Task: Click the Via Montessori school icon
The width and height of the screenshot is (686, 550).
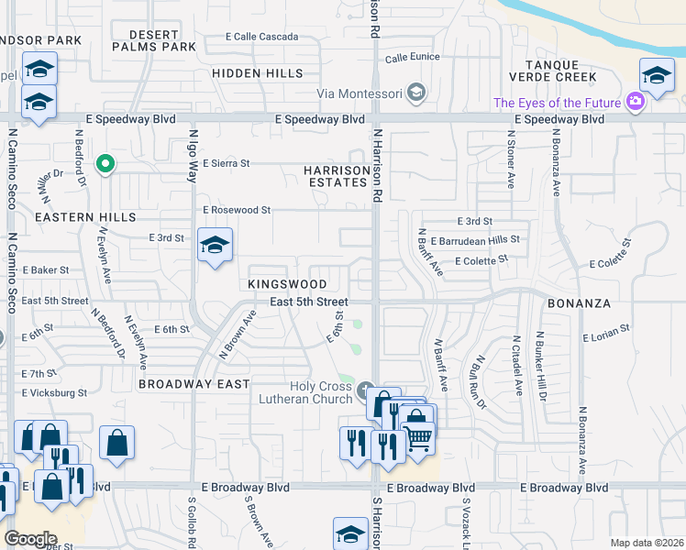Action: [417, 93]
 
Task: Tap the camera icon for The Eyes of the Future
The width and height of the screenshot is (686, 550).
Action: [635, 103]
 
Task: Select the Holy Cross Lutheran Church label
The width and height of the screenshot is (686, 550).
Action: [307, 393]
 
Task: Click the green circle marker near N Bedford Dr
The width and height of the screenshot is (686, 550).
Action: [105, 164]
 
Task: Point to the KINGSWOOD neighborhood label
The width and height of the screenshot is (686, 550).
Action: [287, 285]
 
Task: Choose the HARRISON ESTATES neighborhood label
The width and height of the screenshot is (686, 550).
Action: [337, 176]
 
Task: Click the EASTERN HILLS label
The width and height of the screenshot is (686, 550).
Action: [72, 217]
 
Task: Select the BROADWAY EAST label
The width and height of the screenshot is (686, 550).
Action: [194, 384]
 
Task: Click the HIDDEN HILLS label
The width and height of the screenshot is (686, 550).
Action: [257, 72]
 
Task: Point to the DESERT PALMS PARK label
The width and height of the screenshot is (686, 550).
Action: [154, 39]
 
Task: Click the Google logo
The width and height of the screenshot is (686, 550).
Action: [31, 538]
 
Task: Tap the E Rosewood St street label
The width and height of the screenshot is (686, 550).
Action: [237, 210]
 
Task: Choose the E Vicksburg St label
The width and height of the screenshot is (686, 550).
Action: [55, 392]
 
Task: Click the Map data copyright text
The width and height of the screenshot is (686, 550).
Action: [647, 543]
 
